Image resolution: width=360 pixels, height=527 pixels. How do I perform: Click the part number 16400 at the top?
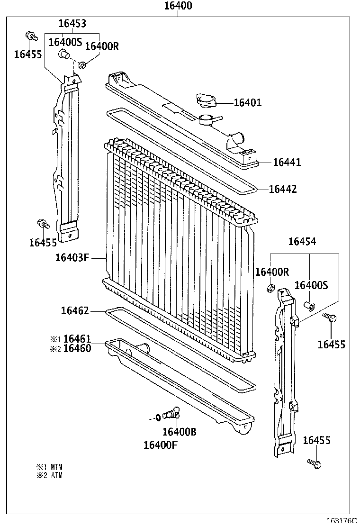coord(178,6)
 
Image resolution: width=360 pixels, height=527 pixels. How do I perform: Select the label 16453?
coord(72,24)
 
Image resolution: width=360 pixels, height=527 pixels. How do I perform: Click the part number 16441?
coord(287,163)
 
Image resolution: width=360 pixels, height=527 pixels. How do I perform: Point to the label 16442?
coord(283,189)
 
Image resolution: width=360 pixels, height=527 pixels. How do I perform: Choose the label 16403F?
coord(72,258)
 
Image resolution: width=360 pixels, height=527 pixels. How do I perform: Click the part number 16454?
coord(302,242)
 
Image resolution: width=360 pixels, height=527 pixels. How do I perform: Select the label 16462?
coord(75,311)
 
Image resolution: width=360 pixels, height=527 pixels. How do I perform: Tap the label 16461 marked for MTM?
coord(77,339)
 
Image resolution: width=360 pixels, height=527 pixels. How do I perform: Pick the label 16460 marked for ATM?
coord(77,348)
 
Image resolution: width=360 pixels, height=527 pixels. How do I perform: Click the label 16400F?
coord(160,445)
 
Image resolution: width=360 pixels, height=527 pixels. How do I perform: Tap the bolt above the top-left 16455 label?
coord(31,36)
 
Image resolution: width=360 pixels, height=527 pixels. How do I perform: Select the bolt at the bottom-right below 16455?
coord(314,463)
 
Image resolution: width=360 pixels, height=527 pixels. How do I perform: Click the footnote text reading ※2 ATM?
coord(50,475)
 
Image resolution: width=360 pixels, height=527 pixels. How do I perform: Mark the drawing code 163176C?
coord(341,520)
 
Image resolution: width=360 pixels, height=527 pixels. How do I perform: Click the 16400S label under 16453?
coord(65,42)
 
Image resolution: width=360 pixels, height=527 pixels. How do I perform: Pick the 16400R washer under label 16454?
coord(271,289)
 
